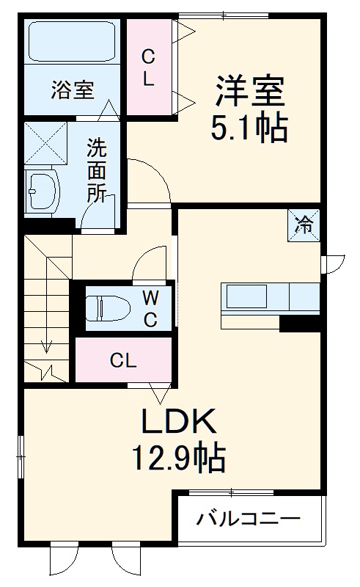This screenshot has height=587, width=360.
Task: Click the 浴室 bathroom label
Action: pyautogui.click(x=72, y=91)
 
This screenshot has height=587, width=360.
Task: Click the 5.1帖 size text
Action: pyautogui.click(x=249, y=130)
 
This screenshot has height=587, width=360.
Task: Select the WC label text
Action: pyautogui.click(x=150, y=308)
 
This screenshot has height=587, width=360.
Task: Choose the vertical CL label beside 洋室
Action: pyautogui.click(x=148, y=68)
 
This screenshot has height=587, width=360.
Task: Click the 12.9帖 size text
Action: pyautogui.click(x=178, y=460)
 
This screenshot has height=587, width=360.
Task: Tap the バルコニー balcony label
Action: pyautogui.click(x=248, y=519)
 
